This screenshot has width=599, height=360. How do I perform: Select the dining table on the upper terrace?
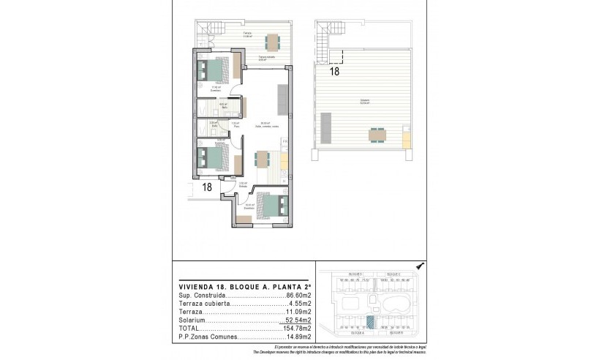click(272, 40)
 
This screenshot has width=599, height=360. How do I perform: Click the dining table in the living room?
click(262, 159)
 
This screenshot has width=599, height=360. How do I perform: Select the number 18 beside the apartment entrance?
click(207, 187)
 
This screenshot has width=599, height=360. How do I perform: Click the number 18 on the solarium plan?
click(334, 72)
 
